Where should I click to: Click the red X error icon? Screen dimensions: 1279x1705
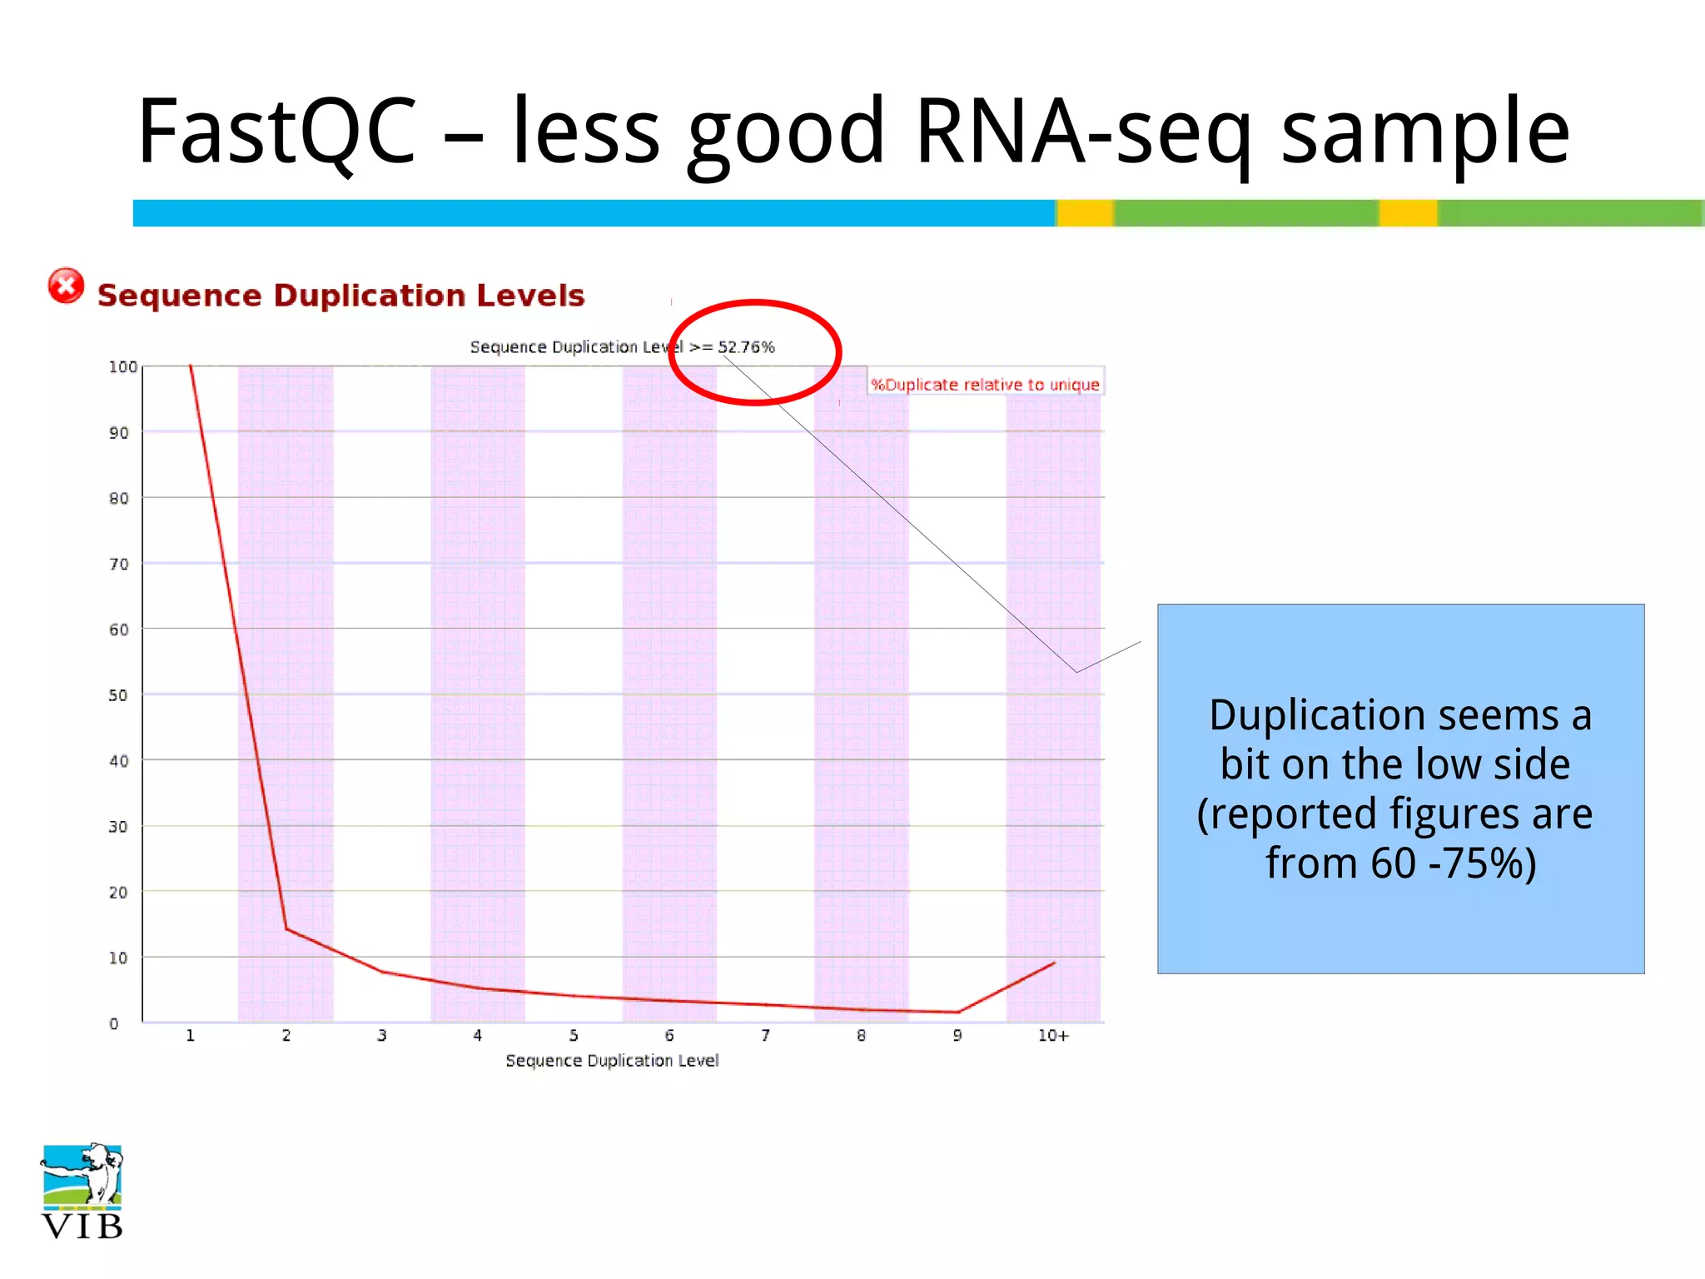[x=66, y=286]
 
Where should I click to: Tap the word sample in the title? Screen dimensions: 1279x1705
[x=1424, y=132]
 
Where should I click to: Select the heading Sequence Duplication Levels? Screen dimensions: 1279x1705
[x=341, y=296]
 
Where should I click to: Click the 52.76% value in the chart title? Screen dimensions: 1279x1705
[x=746, y=347]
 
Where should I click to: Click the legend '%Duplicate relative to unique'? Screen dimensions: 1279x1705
[x=985, y=385]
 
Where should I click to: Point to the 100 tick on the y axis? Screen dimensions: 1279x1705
[x=122, y=367]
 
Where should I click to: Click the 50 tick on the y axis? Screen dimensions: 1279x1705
[x=118, y=695]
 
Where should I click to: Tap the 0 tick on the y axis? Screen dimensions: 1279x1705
[x=114, y=1023]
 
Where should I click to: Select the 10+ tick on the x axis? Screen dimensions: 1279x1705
[x=1052, y=1036]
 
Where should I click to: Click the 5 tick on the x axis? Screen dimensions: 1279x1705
[x=574, y=1036]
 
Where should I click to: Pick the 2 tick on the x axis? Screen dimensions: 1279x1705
[x=286, y=1036]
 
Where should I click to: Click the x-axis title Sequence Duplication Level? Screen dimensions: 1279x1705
[x=612, y=1061]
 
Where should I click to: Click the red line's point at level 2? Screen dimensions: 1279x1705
[x=286, y=928]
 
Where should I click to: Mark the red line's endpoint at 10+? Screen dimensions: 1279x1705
[x=1054, y=963]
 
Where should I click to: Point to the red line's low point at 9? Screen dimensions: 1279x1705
[x=958, y=1012]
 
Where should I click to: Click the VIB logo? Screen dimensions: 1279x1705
[x=82, y=1192]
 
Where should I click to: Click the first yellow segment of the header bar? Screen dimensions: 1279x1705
[x=1085, y=213]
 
